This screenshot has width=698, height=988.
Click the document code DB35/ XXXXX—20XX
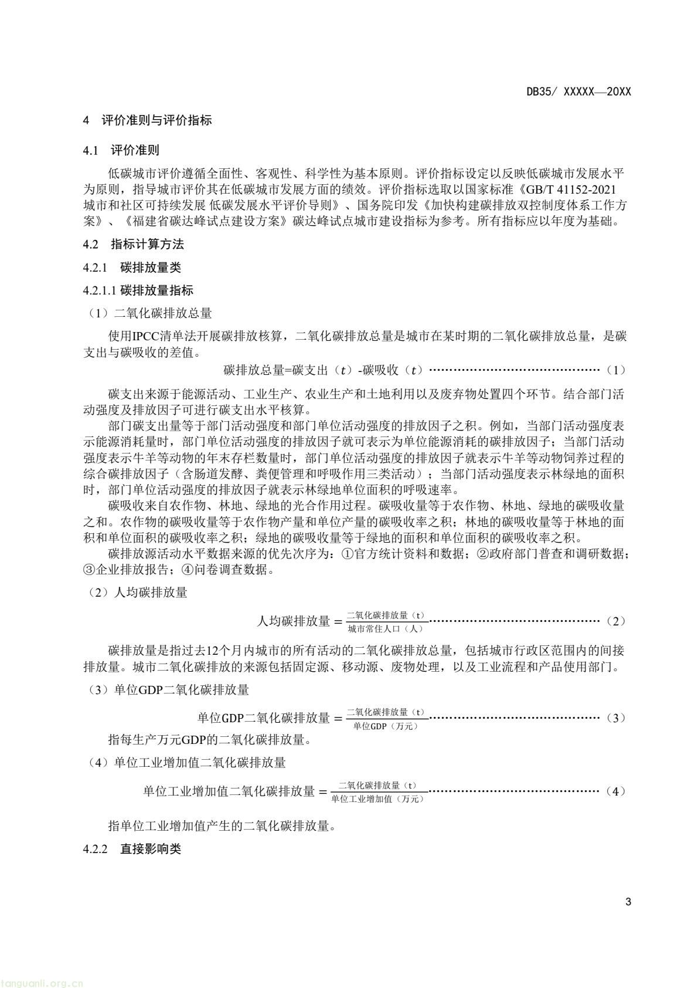(x=578, y=92)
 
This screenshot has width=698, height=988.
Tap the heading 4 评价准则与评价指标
(x=147, y=121)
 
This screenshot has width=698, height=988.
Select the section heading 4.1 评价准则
(x=121, y=150)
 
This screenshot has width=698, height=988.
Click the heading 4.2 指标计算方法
(x=133, y=244)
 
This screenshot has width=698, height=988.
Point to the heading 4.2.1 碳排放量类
(x=132, y=268)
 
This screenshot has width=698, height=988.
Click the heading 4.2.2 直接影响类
(x=132, y=849)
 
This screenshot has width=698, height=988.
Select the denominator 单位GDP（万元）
(x=386, y=726)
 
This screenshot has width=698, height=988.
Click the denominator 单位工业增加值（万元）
(x=378, y=799)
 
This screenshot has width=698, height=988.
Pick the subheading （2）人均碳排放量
(x=136, y=593)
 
